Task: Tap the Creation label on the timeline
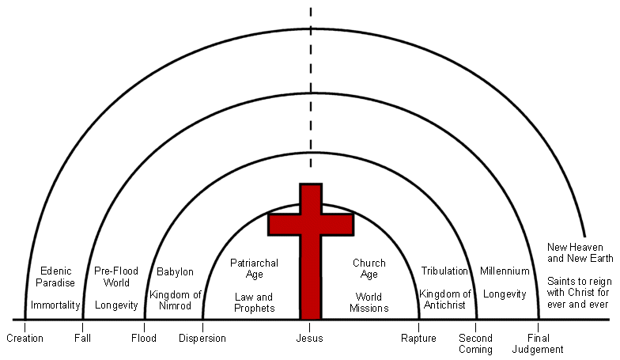point(25,339)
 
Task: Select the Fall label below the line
point(83,339)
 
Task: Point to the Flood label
point(145,339)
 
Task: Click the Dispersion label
point(202,339)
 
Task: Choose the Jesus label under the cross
point(310,339)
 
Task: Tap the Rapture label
point(419,339)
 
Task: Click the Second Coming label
point(476,343)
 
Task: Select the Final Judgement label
point(539,343)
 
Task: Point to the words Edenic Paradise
point(55,277)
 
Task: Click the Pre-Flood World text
point(117,277)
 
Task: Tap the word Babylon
point(175,272)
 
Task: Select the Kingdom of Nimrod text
point(175,300)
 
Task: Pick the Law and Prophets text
point(254,302)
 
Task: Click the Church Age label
point(369,268)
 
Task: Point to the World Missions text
point(369,302)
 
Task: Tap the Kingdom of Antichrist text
point(445,300)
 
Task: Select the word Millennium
point(505,271)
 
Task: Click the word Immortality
point(55,305)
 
